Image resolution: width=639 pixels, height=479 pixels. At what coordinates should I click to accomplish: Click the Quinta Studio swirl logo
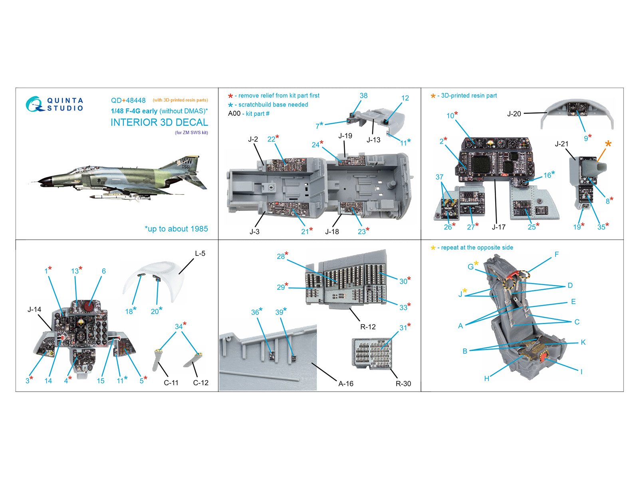[35, 104]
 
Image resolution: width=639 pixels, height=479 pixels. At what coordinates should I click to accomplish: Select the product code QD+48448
[128, 100]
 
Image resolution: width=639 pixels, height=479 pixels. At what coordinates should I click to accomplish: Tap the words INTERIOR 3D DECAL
[159, 123]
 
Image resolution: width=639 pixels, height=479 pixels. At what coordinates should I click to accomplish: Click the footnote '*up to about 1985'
[177, 229]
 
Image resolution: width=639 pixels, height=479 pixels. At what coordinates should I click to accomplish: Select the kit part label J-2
[253, 139]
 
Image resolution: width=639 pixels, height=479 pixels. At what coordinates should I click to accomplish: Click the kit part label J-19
[345, 136]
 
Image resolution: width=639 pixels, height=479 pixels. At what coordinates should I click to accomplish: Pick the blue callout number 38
[363, 95]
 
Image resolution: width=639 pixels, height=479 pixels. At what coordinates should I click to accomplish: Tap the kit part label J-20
[514, 114]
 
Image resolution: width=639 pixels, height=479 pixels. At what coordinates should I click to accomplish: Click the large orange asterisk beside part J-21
[608, 144]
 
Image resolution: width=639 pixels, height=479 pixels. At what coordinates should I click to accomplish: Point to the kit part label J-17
[498, 227]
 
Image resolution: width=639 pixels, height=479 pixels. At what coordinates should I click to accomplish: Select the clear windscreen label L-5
[200, 253]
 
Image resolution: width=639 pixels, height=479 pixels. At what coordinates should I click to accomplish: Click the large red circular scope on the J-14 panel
[88, 307]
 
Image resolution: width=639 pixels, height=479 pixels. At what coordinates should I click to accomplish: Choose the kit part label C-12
[200, 383]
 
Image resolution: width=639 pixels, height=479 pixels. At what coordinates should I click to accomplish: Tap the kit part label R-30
[403, 384]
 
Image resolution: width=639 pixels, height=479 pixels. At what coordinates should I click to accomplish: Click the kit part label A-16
[346, 384]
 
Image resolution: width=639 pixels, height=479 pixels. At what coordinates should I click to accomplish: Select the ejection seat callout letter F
[557, 255]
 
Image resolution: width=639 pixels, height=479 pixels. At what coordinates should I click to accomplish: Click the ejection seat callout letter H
[487, 378]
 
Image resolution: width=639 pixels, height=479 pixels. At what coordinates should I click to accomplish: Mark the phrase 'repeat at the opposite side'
[477, 247]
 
